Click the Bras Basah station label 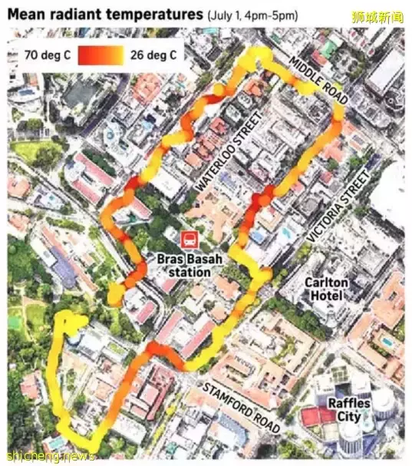(x=188, y=265)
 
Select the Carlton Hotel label (x=327, y=289)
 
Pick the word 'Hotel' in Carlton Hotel (x=327, y=296)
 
